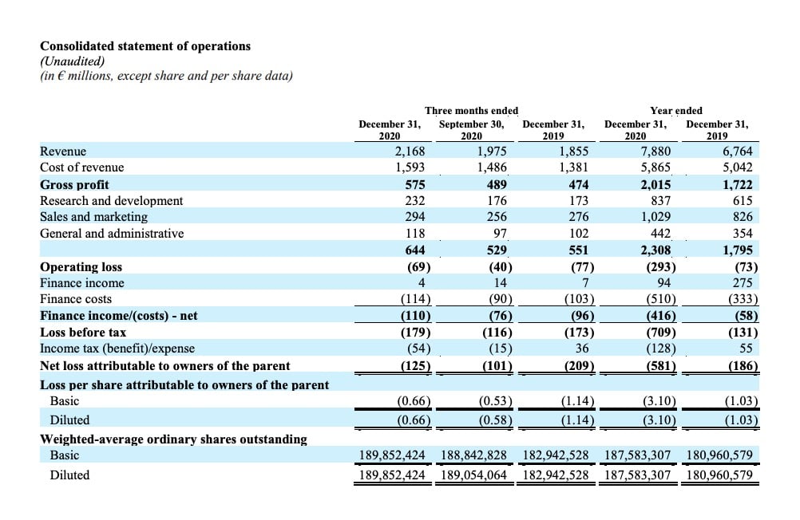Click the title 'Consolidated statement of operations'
(145, 46)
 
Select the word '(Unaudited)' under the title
(73, 61)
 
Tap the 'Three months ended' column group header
(471, 110)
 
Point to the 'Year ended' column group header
(676, 110)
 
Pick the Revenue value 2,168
(410, 151)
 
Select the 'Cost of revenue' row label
(82, 167)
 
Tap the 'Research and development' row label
(111, 200)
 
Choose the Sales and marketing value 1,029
(655, 217)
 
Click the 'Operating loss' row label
(81, 266)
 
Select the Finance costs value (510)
(660, 299)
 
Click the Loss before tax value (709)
(660, 332)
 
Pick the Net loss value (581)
(660, 366)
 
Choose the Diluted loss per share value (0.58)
(495, 420)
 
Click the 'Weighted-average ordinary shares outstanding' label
(173, 439)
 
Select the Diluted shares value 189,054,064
(474, 475)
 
